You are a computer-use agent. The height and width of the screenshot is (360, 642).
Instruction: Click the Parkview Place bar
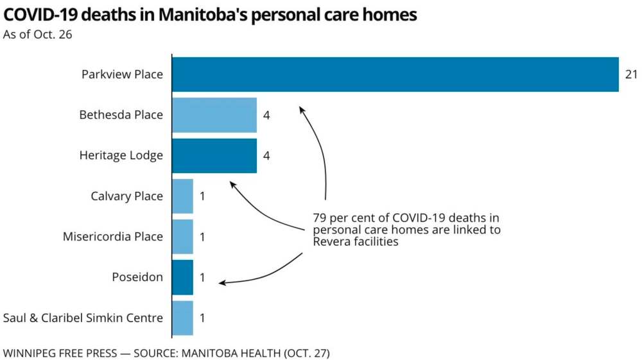tap(395, 74)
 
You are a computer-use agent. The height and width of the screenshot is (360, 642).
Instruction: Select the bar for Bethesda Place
tap(214, 115)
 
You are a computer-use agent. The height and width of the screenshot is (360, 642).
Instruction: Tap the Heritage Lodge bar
tap(214, 155)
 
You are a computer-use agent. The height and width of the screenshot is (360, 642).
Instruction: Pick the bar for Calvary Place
tap(183, 196)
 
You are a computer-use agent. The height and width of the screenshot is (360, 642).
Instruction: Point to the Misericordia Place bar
tap(183, 237)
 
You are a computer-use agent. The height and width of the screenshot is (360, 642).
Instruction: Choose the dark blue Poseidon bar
tap(183, 277)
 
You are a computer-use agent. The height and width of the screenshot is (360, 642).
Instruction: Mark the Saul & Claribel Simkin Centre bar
tap(183, 318)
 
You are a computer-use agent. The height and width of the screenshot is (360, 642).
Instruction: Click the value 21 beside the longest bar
tap(631, 75)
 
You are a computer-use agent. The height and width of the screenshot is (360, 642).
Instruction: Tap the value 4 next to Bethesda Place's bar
tap(266, 116)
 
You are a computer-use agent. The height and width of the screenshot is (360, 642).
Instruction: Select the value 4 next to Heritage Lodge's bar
tap(266, 156)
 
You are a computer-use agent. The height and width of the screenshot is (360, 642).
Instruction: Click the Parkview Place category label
tap(122, 74)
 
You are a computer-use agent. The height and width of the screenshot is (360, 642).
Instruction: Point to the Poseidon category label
tap(137, 277)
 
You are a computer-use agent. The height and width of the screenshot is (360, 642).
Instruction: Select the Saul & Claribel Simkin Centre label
tap(83, 318)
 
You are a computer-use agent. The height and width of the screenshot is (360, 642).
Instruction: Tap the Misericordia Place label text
tap(113, 237)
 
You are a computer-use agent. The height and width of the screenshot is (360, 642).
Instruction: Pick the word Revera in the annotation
tap(331, 242)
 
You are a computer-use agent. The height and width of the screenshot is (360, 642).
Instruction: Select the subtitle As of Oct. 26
tap(37, 34)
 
